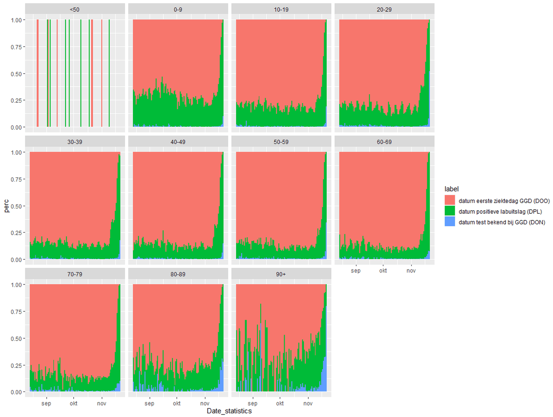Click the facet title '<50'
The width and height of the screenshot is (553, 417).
coord(75,9)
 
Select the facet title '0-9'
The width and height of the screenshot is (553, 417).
coord(178,9)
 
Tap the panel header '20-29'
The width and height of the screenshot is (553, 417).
coord(384,9)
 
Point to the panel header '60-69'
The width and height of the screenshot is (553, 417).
coord(384,142)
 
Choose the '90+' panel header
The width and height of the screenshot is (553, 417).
coord(281,274)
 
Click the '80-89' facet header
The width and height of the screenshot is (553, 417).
coord(178,274)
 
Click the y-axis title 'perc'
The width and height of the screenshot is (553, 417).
coord(7,206)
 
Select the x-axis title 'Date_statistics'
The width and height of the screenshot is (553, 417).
coord(229,411)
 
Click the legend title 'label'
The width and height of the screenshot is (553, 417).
coord(451,189)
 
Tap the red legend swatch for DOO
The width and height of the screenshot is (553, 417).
coord(450,200)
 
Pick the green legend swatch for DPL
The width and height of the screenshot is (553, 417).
coord(450,211)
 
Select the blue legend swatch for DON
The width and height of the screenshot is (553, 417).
coord(450,221)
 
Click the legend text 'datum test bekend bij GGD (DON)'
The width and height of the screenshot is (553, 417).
coord(501,222)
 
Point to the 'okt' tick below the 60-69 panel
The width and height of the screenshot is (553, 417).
coord(383,271)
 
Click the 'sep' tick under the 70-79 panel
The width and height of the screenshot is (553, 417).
coord(46,403)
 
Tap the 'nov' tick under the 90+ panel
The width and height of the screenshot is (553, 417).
coord(308,403)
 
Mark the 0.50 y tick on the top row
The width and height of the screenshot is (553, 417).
coord(16,74)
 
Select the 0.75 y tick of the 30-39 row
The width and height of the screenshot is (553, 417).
coord(16,179)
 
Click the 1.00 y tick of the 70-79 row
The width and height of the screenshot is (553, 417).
coord(16,285)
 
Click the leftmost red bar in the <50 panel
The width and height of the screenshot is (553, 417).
coord(38,73)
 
